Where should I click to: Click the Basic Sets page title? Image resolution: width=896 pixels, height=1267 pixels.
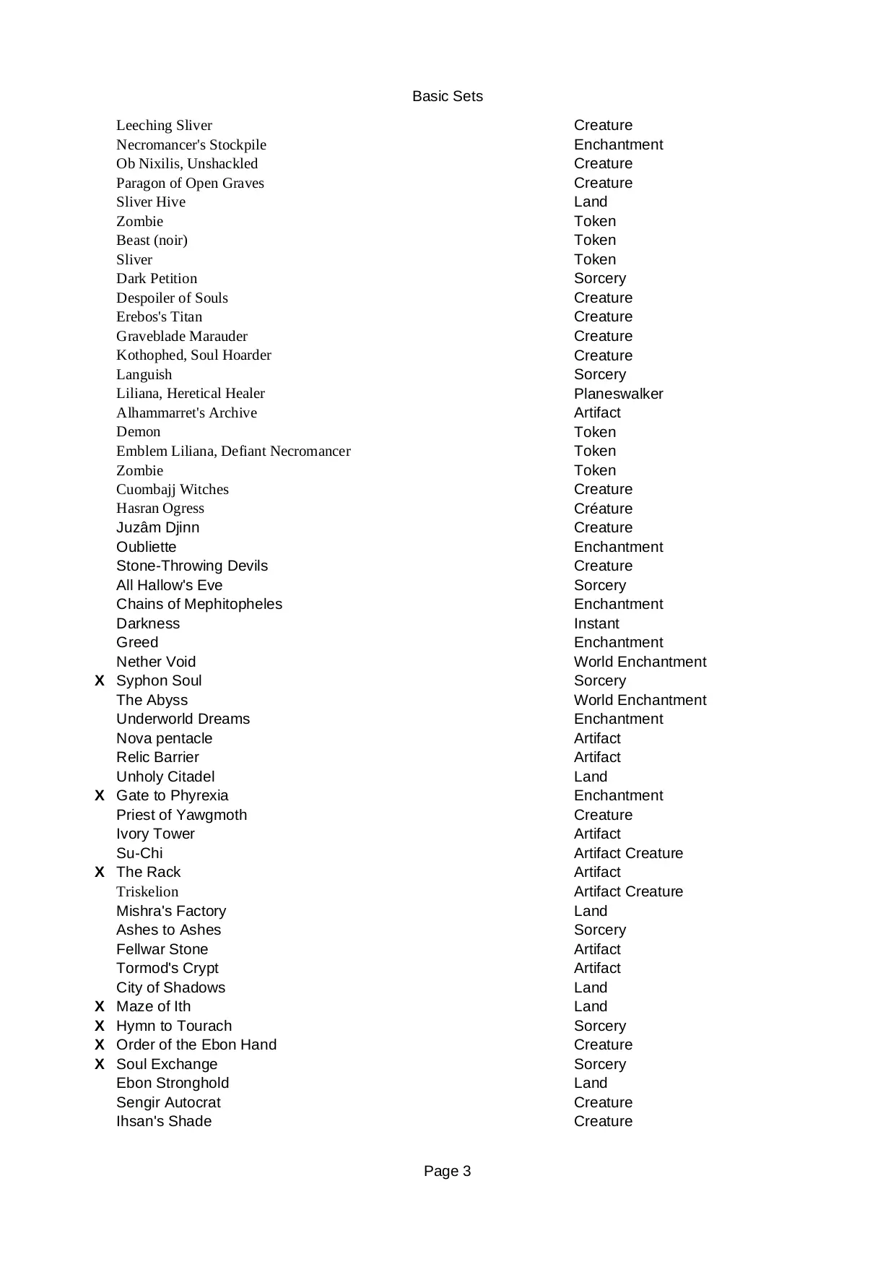[447, 97]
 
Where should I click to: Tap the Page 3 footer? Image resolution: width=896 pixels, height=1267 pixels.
[447, 1171]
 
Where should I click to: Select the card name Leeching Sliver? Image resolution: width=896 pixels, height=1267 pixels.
[164, 125]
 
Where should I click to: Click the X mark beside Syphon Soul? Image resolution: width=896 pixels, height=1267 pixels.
[100, 681]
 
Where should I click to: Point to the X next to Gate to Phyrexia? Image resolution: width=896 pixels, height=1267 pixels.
[100, 796]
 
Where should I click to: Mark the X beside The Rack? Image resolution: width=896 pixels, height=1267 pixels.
[100, 873]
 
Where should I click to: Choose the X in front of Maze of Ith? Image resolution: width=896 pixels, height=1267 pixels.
[100, 1007]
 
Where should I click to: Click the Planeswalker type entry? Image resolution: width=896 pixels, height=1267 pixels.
[618, 394]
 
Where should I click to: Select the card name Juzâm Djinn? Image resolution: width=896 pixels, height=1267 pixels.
[157, 528]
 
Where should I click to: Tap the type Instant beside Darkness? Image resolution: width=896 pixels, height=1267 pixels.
[596, 623]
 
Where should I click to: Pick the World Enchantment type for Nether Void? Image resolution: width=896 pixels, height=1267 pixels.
[640, 662]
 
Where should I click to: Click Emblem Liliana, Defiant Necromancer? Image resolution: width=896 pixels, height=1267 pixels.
[233, 451]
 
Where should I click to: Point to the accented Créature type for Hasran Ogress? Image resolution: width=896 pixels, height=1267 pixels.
[603, 509]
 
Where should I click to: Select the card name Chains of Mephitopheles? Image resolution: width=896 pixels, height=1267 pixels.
[199, 605]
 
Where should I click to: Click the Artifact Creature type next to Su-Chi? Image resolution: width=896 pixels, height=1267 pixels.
[628, 853]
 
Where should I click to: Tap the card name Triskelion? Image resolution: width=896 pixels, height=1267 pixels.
[147, 892]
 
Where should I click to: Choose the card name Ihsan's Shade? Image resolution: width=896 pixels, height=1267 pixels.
[164, 1122]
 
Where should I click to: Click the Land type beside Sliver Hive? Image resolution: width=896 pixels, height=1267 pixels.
[591, 202]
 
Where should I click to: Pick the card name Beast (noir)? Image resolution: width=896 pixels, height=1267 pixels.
[152, 241]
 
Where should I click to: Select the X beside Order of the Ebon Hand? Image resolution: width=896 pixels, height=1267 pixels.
[100, 1045]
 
